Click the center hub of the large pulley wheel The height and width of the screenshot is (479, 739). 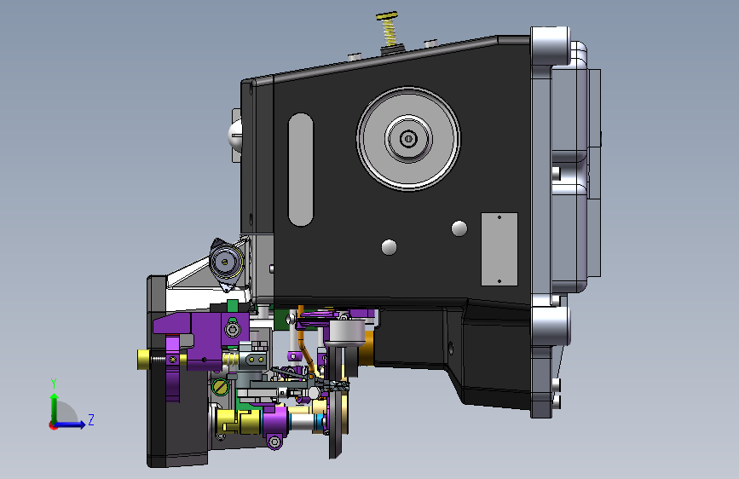pos(408,139)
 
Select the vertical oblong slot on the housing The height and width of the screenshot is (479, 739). pos(301,170)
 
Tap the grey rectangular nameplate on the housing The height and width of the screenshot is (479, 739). pos(499,249)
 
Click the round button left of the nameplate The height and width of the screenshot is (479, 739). pos(459,228)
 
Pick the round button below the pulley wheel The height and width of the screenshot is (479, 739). pos(389,247)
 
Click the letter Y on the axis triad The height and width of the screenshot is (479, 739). pos(54,384)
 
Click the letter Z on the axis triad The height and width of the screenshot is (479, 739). pos(91,419)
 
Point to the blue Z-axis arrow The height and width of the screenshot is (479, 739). pos(70,424)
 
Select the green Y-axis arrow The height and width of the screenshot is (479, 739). pos(55,408)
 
